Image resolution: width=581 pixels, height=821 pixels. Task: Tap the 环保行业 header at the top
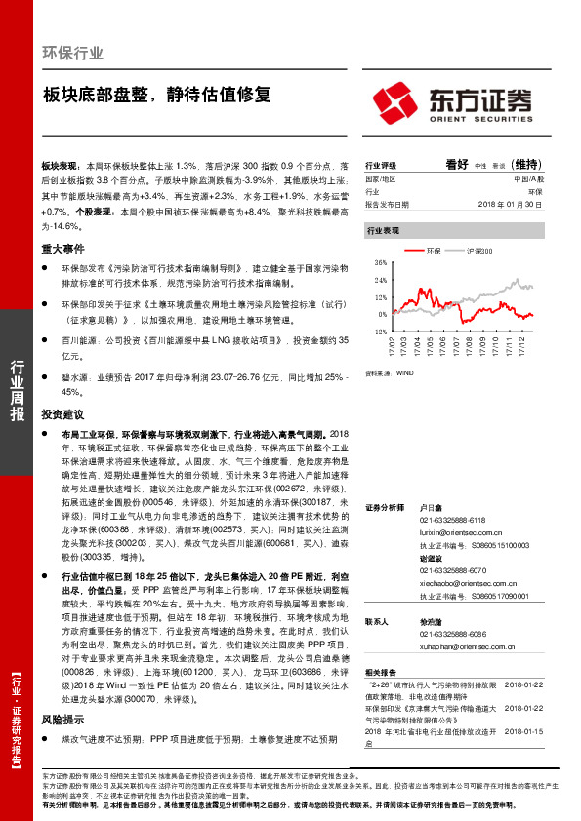pyautogui.click(x=73, y=53)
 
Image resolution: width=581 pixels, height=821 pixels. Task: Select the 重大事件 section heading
pyautogui.click(x=62, y=249)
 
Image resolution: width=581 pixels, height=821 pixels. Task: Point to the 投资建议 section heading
pyautogui.click(x=62, y=415)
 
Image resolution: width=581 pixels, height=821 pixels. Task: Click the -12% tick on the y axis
pyautogui.click(x=380, y=332)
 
